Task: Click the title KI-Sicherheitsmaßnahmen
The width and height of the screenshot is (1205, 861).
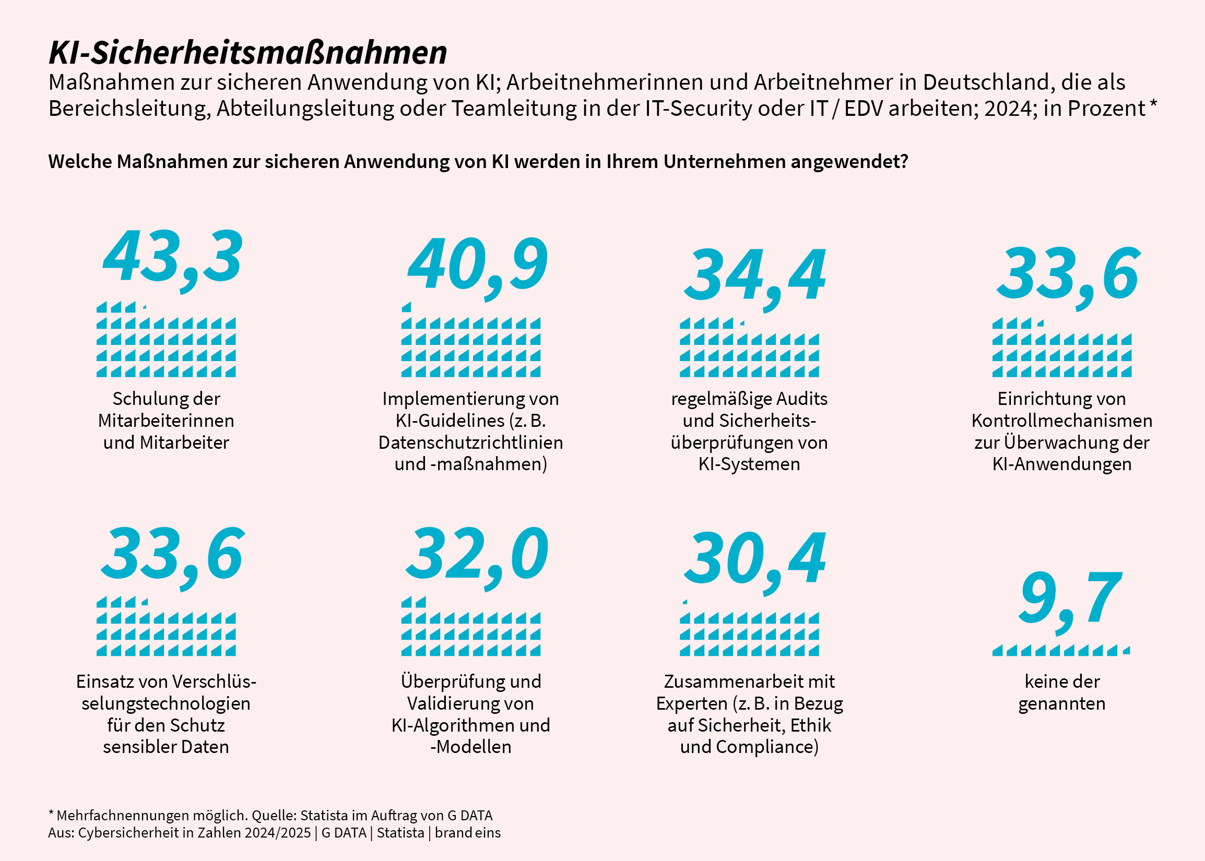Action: (247, 53)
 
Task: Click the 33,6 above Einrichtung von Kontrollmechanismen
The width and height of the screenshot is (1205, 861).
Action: (1068, 278)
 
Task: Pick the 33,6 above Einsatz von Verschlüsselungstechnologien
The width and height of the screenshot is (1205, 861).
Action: (173, 558)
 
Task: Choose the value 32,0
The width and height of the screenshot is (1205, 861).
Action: (477, 558)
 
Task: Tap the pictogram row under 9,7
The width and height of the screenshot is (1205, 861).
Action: (1061, 651)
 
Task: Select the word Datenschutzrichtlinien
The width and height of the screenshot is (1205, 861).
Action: (470, 442)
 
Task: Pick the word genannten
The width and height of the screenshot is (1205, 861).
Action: (1062, 704)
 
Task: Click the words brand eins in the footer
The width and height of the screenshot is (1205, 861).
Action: (468, 833)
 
